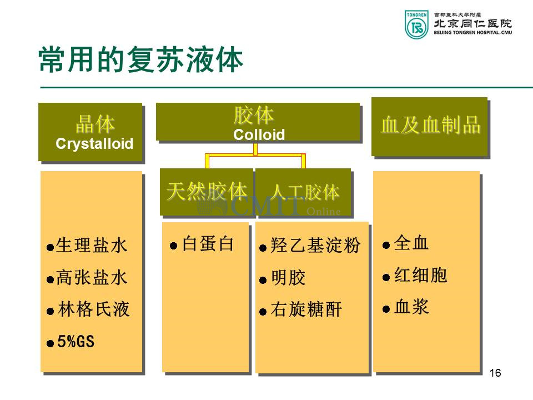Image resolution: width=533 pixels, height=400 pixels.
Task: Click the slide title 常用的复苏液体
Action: click(x=141, y=59)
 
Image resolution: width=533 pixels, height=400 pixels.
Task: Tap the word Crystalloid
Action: click(x=94, y=144)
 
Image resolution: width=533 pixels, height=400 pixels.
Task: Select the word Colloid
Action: click(x=259, y=134)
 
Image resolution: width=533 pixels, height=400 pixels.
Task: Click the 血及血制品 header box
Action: click(x=430, y=127)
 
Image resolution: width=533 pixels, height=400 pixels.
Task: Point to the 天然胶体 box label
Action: click(x=207, y=191)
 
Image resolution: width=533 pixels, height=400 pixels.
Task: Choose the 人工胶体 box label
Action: click(x=305, y=192)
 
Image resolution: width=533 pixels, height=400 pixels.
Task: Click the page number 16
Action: click(x=495, y=373)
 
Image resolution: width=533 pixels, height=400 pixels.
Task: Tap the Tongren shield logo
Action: click(x=416, y=24)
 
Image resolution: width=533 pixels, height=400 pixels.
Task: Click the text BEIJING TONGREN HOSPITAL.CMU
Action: click(x=473, y=33)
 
